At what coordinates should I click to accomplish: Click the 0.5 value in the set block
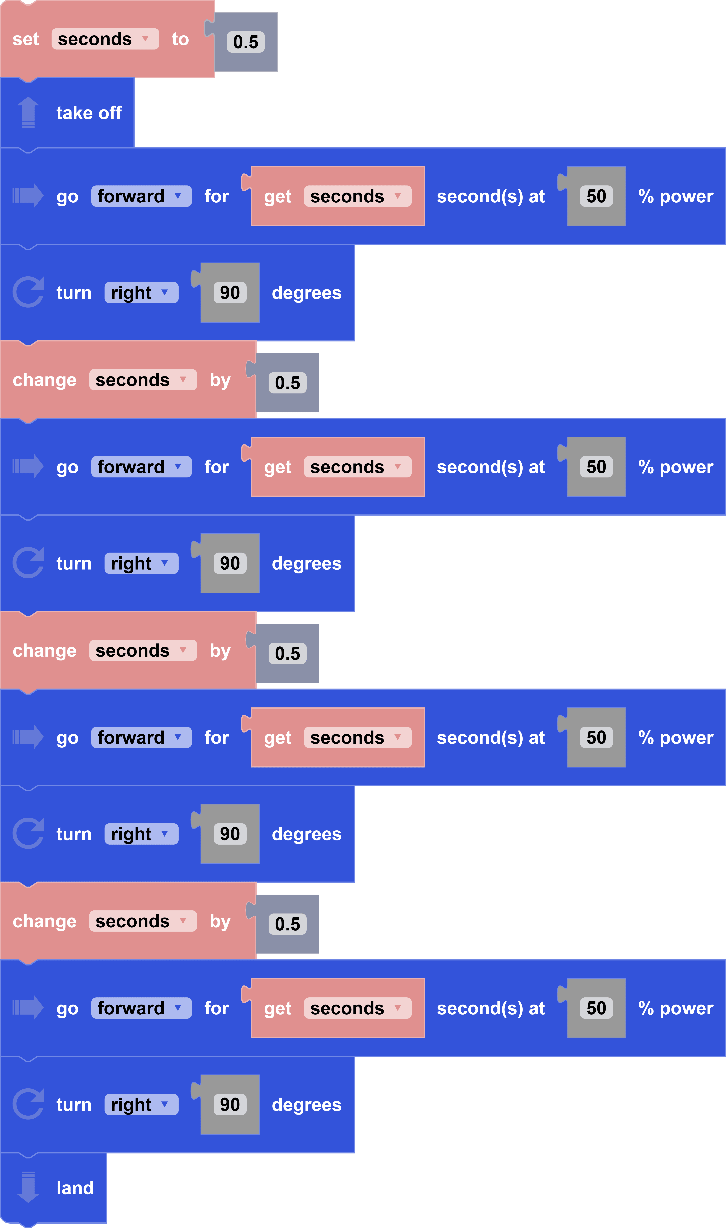[x=246, y=42]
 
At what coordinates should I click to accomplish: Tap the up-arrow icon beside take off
[x=28, y=112]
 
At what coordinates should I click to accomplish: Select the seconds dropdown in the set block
[x=105, y=39]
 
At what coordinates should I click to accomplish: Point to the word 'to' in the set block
[x=180, y=39]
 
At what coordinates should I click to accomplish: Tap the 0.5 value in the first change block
[x=287, y=383]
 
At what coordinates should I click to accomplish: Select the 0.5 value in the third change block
[x=287, y=924]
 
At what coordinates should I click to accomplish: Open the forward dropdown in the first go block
[x=141, y=196]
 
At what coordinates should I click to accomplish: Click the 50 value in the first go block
[x=596, y=196]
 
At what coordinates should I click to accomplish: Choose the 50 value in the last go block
[x=596, y=1008]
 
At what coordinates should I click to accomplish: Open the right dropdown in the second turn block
[x=141, y=563]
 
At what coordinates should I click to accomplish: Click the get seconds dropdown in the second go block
[x=357, y=467]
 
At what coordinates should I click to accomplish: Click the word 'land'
[x=75, y=1188]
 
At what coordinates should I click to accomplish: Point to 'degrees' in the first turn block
[x=306, y=293]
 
